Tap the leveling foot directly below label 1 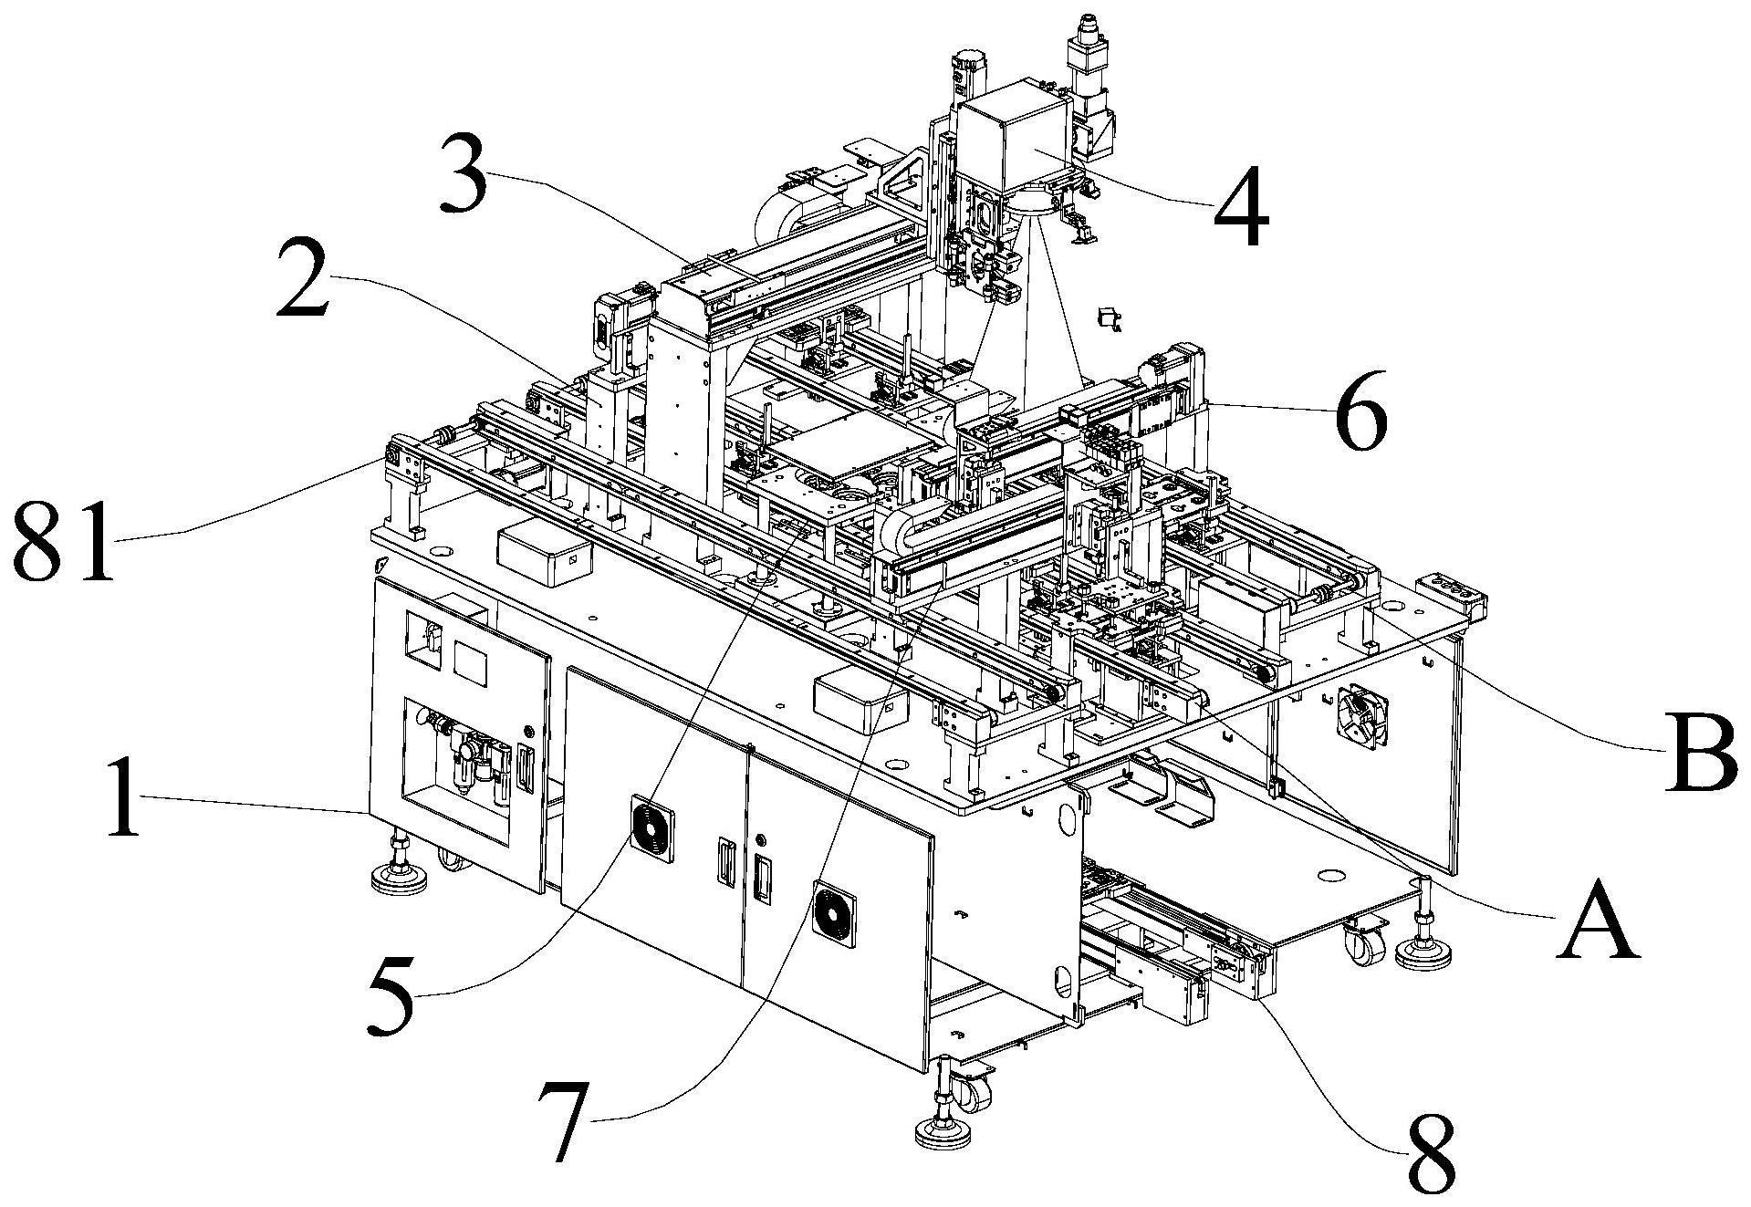click(x=398, y=866)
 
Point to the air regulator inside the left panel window click(x=473, y=762)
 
